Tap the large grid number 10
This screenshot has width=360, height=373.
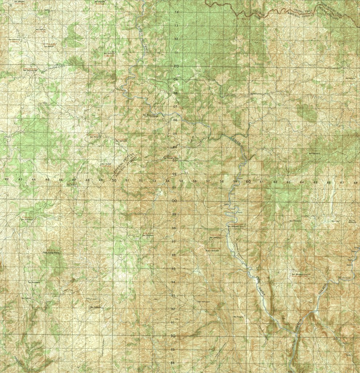[x=176, y=66]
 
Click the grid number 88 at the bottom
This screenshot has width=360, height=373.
[x=173, y=363]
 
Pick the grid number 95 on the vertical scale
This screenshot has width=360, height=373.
[x=173, y=268]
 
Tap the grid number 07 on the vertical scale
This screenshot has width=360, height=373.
[x=175, y=106]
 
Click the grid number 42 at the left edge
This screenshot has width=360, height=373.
[x=7, y=179]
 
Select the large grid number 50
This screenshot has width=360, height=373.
[x=114, y=180]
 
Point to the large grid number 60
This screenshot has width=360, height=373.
[x=248, y=181]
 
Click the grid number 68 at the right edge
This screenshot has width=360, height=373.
[x=355, y=182]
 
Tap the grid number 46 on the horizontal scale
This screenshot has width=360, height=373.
[x=60, y=180]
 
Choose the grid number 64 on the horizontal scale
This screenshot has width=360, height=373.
[x=302, y=182]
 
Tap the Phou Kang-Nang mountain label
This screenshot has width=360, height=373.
[x=51, y=252]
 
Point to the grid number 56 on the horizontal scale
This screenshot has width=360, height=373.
[x=195, y=181]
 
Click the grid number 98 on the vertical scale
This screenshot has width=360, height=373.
[x=174, y=228]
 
